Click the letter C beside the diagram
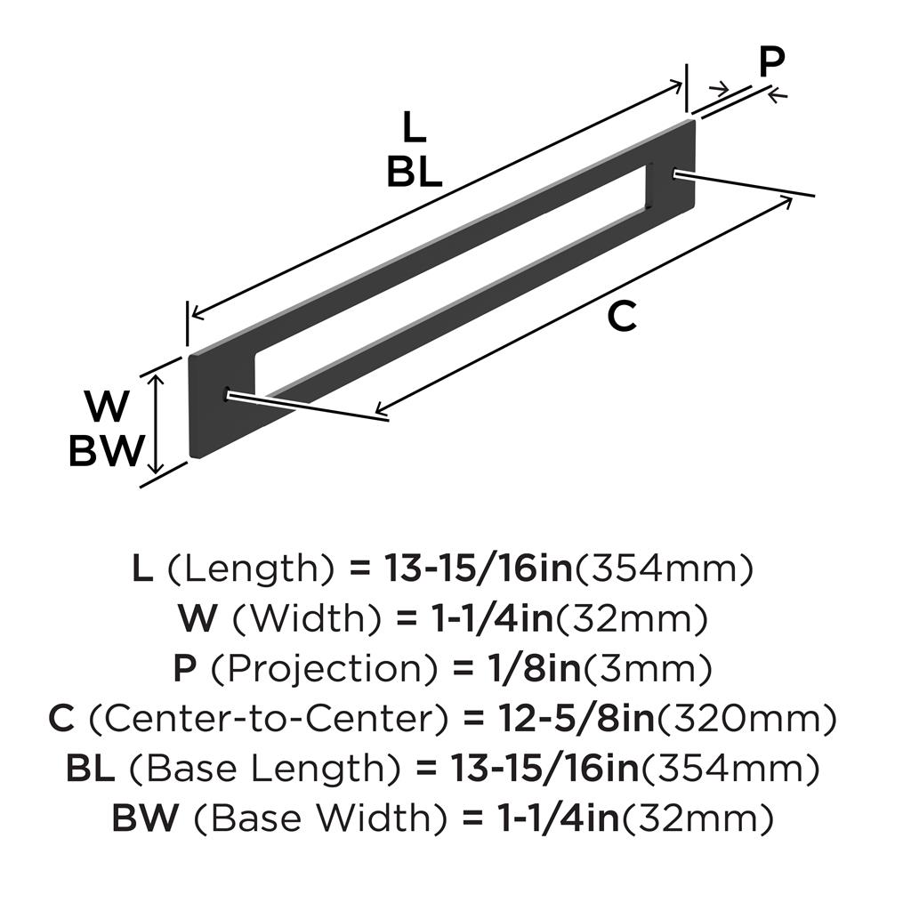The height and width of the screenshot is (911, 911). [622, 317]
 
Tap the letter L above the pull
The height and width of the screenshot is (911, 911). [413, 129]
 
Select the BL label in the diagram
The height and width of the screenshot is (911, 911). [414, 173]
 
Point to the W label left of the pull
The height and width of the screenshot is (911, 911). [107, 408]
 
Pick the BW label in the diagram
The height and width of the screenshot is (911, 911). [106, 452]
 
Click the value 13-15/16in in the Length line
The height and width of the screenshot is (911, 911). [478, 568]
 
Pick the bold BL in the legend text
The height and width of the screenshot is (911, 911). [91, 767]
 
